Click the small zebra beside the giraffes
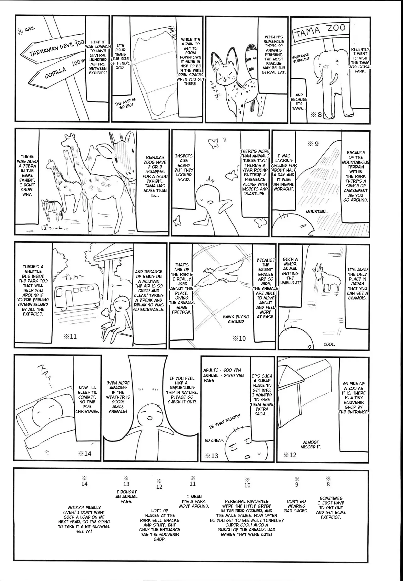pyautogui.click(x=50, y=210)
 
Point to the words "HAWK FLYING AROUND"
pyautogui.click(x=236, y=319)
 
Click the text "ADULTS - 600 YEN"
pyautogui.click(x=222, y=370)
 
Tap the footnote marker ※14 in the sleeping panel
pyautogui.click(x=84, y=453)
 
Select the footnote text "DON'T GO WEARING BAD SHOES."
pyautogui.click(x=297, y=506)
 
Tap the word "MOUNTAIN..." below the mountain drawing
pyautogui.click(x=317, y=212)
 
